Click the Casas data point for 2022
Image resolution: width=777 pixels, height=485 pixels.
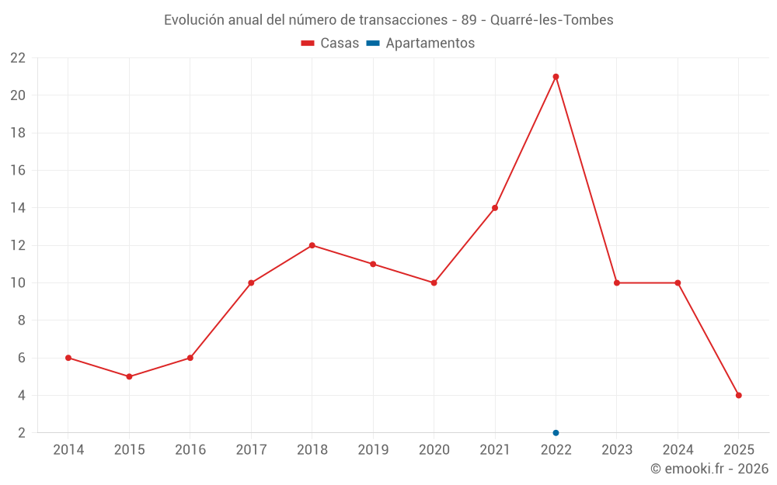tap(556, 77)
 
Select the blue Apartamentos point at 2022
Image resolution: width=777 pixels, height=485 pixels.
tap(556, 433)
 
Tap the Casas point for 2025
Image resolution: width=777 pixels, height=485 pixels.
tap(738, 396)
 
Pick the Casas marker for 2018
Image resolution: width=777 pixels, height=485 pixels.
tap(312, 245)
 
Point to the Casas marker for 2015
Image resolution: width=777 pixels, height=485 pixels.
tap(129, 377)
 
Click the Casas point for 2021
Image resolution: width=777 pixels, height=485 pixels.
tap(495, 208)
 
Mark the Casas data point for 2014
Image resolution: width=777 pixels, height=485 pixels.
tap(68, 358)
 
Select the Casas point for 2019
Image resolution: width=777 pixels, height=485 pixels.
tap(373, 264)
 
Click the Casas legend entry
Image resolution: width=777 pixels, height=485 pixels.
tap(330, 43)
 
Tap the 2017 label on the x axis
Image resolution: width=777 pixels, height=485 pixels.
tap(251, 450)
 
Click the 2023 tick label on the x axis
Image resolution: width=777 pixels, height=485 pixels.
tap(617, 450)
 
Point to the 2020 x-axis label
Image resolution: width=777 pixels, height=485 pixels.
tap(434, 450)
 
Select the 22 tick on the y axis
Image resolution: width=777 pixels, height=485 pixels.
tap(18, 58)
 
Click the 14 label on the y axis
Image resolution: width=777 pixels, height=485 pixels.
tap(18, 208)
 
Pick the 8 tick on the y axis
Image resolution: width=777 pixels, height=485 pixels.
tap(22, 320)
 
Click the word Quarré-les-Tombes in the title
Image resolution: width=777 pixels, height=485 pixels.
tap(552, 20)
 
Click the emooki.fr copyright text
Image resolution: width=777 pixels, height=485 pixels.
tap(709, 469)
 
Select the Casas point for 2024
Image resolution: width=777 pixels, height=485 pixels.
tap(678, 283)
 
